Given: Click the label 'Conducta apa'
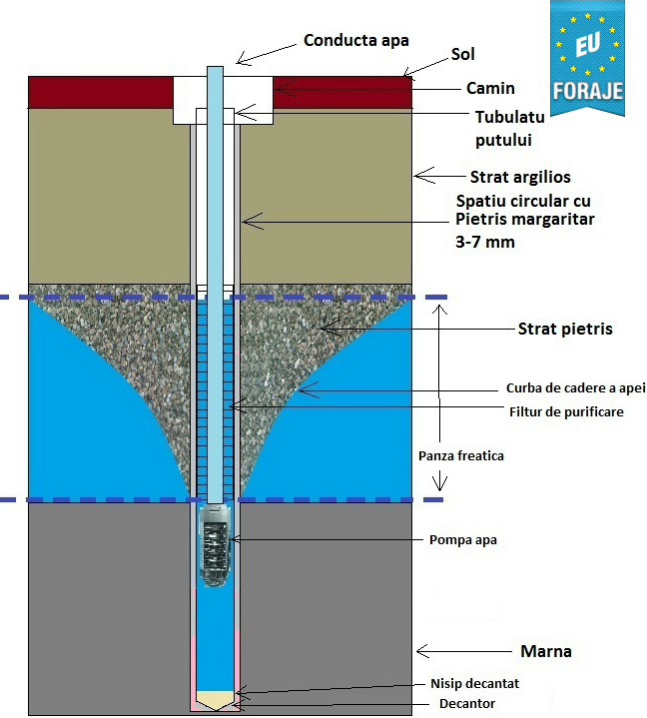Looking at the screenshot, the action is click(356, 40).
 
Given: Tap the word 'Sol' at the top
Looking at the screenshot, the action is click(463, 54).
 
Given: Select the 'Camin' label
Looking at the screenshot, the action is click(490, 88).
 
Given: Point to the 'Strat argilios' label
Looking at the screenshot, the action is click(520, 177).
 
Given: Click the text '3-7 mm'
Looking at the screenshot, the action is click(485, 242).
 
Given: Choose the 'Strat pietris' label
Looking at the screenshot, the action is click(565, 329).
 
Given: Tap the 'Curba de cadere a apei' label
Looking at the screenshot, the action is click(575, 387).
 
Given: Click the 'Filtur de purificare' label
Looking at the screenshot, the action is click(566, 411).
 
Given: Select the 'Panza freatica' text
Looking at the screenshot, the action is click(461, 455).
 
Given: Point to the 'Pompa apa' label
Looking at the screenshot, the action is click(463, 540).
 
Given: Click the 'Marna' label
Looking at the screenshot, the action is click(546, 651).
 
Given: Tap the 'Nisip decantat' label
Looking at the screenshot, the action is click(475, 684).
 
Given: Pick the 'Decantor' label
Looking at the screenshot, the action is click(467, 703).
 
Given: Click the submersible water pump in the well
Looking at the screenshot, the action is click(216, 547).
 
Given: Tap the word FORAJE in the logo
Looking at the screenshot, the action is click(588, 90).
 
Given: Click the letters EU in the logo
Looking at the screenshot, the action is click(588, 45).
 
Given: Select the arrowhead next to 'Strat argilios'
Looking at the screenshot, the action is click(424, 176).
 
